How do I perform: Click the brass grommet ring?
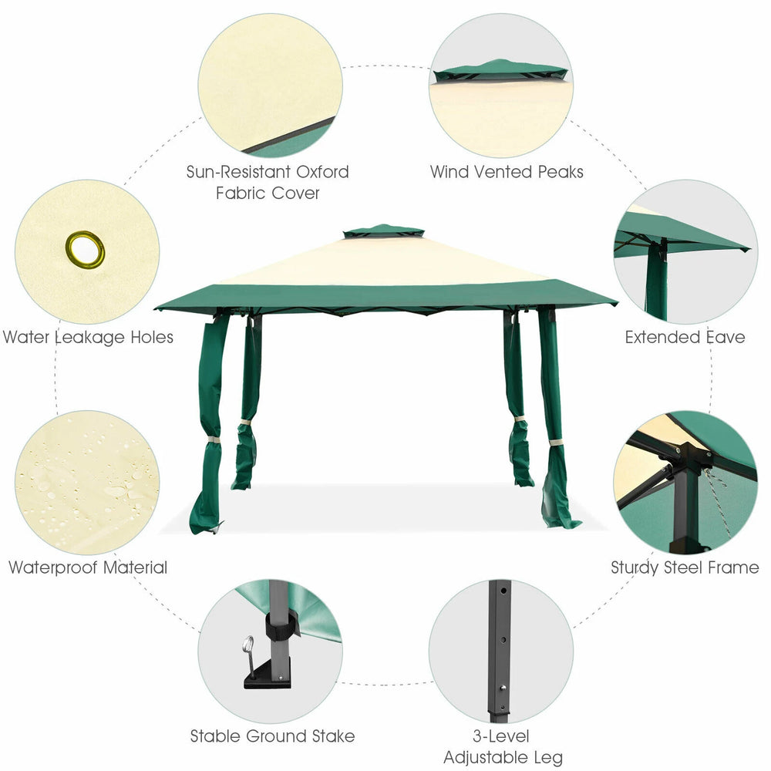pos(85,249)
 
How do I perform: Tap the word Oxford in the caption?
pos(322,172)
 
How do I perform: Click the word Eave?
pos(726,338)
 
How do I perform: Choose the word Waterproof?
pos(54,568)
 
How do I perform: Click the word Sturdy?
pos(635,568)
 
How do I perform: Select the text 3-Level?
pos(501,736)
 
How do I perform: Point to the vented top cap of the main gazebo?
pos(383,231)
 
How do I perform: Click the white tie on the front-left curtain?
pos(213,439)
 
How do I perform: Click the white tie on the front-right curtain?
pos(556,443)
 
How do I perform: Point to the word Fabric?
pos(241,194)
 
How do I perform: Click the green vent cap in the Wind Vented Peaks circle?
pos(500,71)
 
